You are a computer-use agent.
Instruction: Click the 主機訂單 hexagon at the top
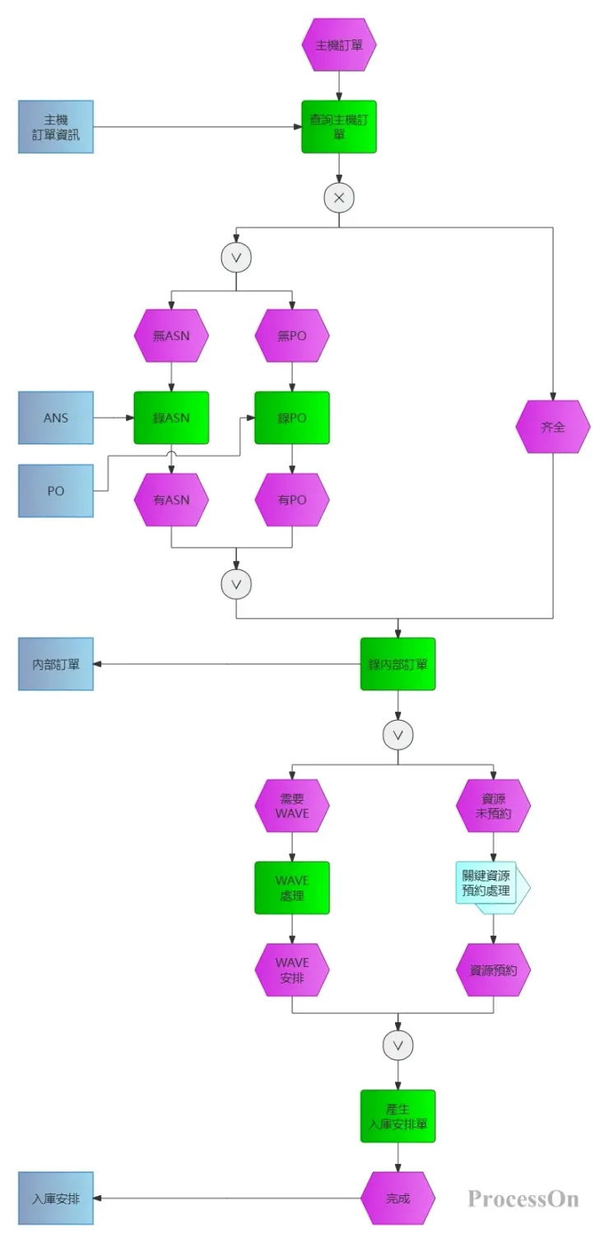339,45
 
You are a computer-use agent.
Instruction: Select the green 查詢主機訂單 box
339,127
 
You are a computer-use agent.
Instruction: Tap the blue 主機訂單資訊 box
56,127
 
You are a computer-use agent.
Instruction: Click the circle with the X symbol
339,198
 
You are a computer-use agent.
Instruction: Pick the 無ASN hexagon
171,336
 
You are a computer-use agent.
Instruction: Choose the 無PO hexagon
292,336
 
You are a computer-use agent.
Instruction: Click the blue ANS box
56,418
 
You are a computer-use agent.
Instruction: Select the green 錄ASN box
171,418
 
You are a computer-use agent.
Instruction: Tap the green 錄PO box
292,418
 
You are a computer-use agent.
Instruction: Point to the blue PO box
56,491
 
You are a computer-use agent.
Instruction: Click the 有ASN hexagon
171,499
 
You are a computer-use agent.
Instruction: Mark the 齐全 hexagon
553,427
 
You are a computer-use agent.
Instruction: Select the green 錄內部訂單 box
397,664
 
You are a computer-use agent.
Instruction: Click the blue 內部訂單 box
56,664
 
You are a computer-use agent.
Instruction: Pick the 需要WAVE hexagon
292,806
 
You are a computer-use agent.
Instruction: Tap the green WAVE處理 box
292,888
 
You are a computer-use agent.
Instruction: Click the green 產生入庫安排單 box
397,1116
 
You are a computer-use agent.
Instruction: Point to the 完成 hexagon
397,1199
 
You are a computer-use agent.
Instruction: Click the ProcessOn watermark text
523,1199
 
